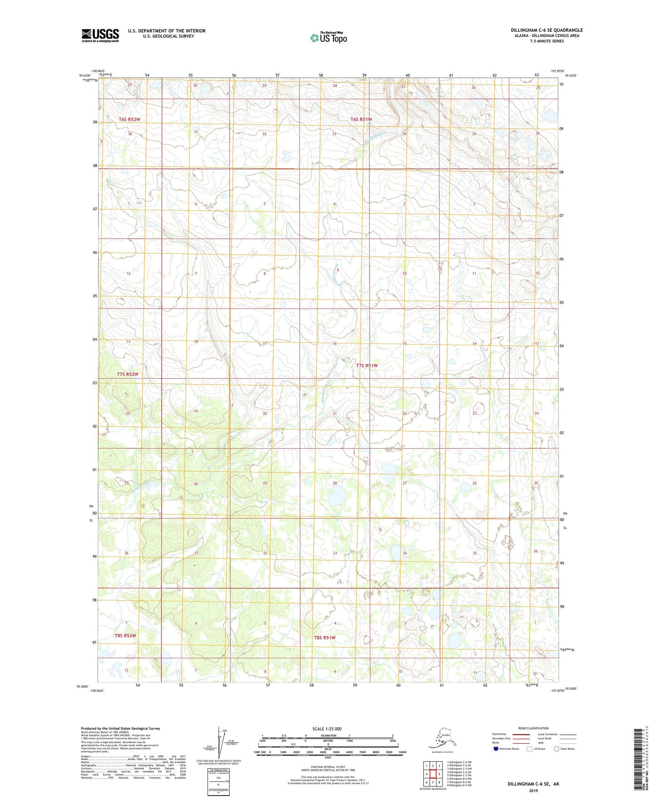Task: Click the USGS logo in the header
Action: point(100,35)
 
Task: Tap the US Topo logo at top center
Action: point(329,38)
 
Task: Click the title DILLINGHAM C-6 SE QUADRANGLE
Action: point(547,30)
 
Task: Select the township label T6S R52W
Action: point(129,120)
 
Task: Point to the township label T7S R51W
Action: point(367,365)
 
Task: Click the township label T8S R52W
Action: point(125,635)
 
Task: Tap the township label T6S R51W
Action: point(361,120)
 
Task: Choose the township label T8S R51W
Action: point(325,638)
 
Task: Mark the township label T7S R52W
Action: point(128,374)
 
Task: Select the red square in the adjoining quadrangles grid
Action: point(433,774)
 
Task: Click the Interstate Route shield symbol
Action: point(496,749)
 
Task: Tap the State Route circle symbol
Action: point(556,749)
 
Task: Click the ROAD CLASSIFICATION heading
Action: point(533,729)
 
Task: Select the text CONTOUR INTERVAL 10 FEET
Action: point(327,767)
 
